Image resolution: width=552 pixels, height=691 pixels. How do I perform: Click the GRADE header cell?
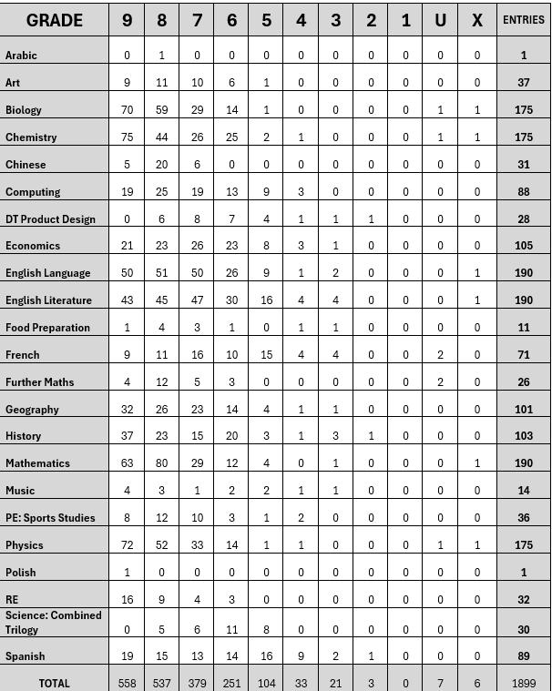click(x=55, y=20)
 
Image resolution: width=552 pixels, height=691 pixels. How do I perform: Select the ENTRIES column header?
click(x=524, y=20)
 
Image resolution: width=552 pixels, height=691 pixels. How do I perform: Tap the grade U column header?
click(x=441, y=20)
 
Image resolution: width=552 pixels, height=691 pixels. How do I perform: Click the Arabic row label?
click(x=22, y=56)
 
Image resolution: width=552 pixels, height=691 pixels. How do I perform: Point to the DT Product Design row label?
click(x=50, y=218)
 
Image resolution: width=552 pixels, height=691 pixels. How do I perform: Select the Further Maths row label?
click(x=40, y=382)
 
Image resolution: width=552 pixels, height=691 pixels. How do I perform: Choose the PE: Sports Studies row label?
click(x=50, y=518)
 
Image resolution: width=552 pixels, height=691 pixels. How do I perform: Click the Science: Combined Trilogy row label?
click(x=53, y=623)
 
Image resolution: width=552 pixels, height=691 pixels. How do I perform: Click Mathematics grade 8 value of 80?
click(x=162, y=463)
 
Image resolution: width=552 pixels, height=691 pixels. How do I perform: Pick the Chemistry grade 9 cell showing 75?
click(x=127, y=137)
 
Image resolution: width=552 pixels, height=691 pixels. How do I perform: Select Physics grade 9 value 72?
click(x=127, y=545)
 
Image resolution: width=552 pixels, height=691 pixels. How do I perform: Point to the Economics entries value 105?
click(x=524, y=246)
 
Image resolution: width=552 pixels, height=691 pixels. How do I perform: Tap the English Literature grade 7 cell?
click(x=197, y=300)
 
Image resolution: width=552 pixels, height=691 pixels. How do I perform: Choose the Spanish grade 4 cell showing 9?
click(x=302, y=656)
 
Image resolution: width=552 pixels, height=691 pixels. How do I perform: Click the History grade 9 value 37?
click(x=127, y=436)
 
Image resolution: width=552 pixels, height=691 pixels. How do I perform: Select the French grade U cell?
click(x=441, y=355)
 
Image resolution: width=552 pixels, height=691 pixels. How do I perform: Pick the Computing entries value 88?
click(x=524, y=192)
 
